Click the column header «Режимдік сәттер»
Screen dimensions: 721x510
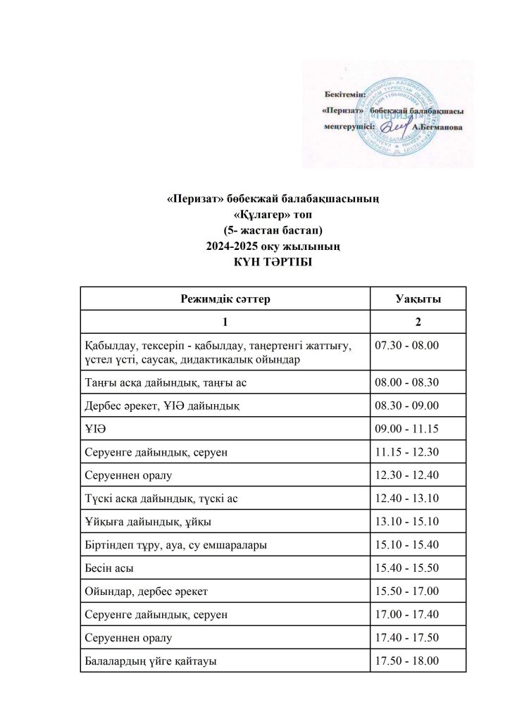pos(225,299)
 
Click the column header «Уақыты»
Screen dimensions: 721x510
pos(418,299)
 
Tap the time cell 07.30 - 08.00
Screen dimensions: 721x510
pos(408,345)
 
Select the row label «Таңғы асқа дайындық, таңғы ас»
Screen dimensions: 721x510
pos(164,382)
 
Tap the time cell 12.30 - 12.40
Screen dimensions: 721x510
pos(408,475)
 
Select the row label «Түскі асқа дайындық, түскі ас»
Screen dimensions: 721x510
pos(161,499)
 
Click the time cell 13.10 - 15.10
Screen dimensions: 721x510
pos(408,522)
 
